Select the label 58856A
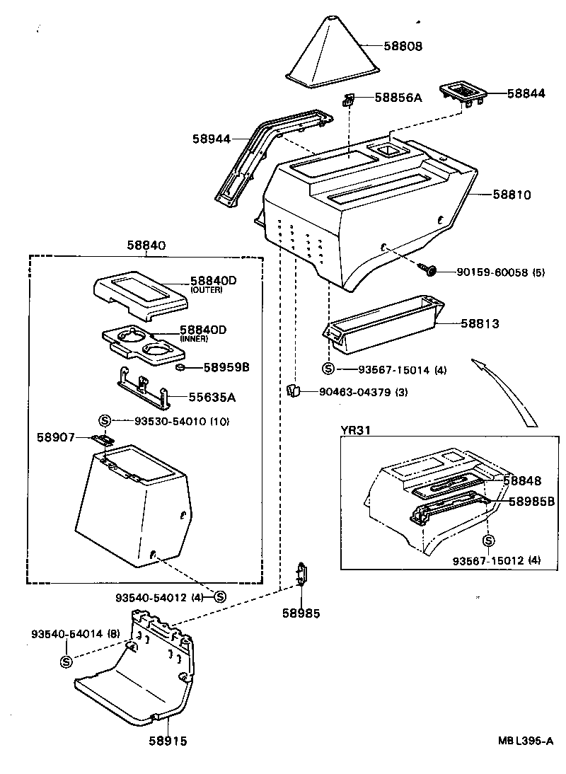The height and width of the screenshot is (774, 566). click(398, 98)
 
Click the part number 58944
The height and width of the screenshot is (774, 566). click(211, 139)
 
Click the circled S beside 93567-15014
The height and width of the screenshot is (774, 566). click(328, 369)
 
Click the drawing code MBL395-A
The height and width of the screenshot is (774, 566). click(524, 741)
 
